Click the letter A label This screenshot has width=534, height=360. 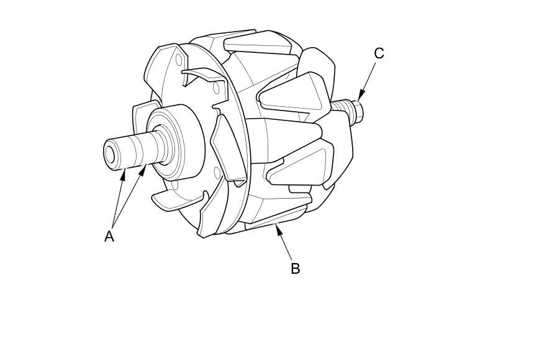tap(109, 236)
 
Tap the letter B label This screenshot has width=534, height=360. tap(296, 268)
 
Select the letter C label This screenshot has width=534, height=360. tap(379, 53)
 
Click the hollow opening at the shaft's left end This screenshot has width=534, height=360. tap(111, 155)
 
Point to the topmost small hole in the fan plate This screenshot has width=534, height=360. tap(179, 60)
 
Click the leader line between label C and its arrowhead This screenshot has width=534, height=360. tap(369, 76)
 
